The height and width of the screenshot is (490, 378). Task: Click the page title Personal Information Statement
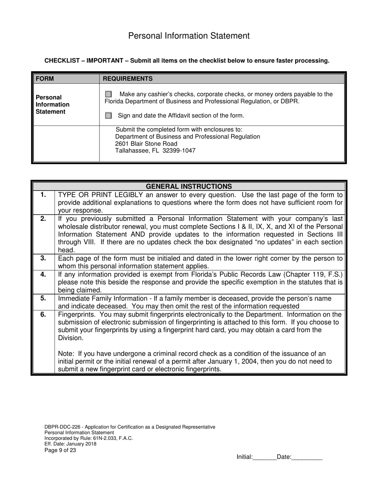(x=189, y=36)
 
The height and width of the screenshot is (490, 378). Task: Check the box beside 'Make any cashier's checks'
(x=108, y=94)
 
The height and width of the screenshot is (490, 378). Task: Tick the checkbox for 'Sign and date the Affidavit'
(x=108, y=116)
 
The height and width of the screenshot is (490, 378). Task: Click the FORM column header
(x=45, y=78)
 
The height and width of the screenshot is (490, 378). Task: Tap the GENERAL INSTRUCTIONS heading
(x=189, y=186)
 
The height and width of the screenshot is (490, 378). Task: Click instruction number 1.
(x=43, y=195)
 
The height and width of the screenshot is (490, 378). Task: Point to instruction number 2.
(x=43, y=218)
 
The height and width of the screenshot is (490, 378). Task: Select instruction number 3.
(x=43, y=258)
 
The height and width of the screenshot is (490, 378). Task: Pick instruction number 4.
(x=43, y=274)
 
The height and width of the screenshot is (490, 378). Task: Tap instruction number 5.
(x=43, y=298)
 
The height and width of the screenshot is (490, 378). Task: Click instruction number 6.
(x=43, y=314)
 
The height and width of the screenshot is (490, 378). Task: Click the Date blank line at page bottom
(x=307, y=457)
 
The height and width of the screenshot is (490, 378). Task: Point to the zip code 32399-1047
(x=179, y=151)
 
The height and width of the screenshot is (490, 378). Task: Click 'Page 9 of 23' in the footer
(x=60, y=451)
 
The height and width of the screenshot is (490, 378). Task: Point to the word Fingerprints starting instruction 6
(x=76, y=314)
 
